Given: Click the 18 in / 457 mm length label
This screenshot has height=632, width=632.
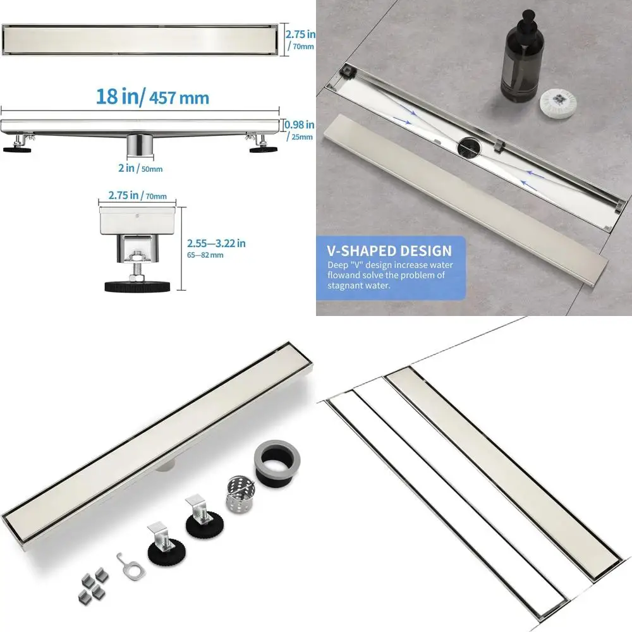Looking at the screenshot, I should pyautogui.click(x=152, y=97).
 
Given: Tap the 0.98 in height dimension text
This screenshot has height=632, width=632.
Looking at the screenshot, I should pyautogui.click(x=299, y=125).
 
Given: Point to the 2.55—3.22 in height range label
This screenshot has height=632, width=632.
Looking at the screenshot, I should pyautogui.click(x=217, y=243).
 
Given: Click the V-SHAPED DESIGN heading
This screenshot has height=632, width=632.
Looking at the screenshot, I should pyautogui.click(x=389, y=251).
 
